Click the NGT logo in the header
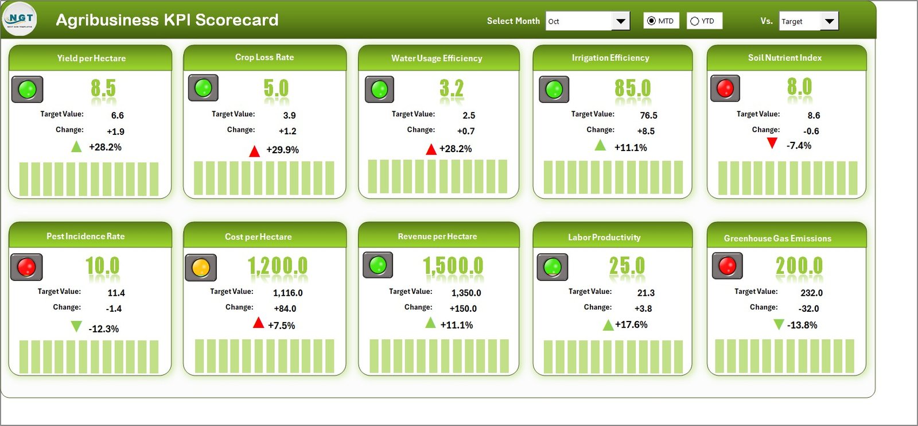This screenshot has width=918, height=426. click(x=20, y=19)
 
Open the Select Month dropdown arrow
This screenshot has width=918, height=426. click(x=620, y=21)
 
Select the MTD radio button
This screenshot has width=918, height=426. click(x=651, y=21)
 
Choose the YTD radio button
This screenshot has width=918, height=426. click(x=695, y=21)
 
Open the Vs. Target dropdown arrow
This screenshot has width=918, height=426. click(x=829, y=21)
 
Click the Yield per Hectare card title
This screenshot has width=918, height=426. click(x=91, y=58)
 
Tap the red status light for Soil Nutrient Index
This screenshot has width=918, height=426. click(x=725, y=88)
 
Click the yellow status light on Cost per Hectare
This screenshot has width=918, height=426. click(x=201, y=268)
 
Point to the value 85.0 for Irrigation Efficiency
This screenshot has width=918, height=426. click(x=632, y=88)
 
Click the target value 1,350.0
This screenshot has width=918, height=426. click(x=466, y=293)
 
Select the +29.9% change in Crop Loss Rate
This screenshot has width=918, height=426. click(x=282, y=150)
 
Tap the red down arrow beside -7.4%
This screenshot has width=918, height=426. click(x=772, y=143)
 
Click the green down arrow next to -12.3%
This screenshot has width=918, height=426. click(x=76, y=327)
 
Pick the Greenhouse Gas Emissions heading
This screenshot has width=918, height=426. click(x=777, y=238)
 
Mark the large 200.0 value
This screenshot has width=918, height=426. click(x=799, y=266)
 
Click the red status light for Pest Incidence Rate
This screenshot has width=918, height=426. click(x=26, y=267)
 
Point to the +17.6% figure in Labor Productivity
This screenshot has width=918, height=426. click(x=631, y=324)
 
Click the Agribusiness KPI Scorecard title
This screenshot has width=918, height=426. click(x=167, y=20)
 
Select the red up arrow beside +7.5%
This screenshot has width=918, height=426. click(x=259, y=323)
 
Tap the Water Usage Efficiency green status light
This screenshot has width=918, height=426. click(x=379, y=90)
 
